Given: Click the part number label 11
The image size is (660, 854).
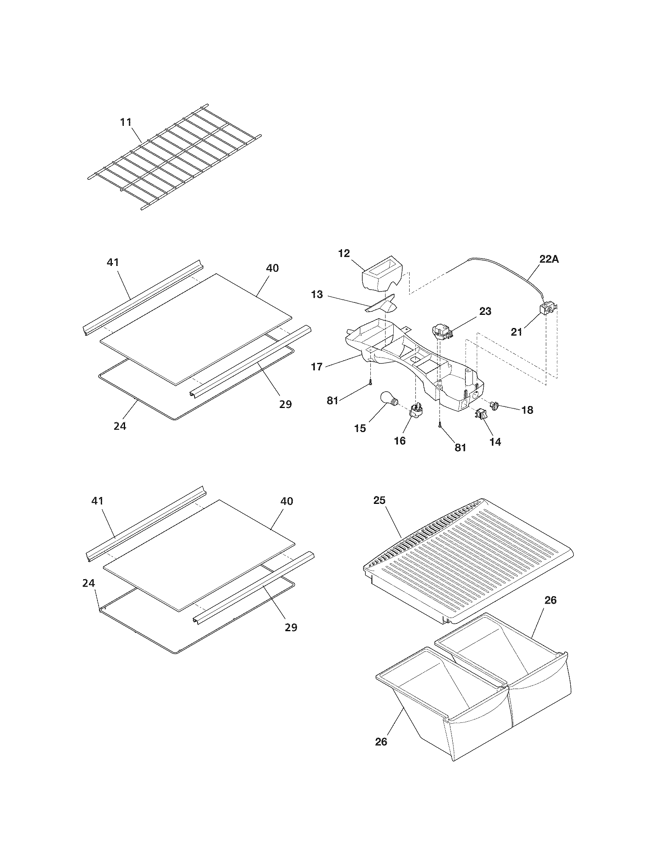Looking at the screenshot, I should (x=125, y=122).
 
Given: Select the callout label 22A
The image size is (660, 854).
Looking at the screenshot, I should (x=549, y=259).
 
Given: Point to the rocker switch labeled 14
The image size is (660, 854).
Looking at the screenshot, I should (x=482, y=415).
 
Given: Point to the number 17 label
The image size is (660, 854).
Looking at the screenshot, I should (x=317, y=366).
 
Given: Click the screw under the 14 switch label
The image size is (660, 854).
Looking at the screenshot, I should (x=440, y=425).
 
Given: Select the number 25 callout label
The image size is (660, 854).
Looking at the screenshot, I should (x=379, y=500).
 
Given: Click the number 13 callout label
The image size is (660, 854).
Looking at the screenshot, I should (x=317, y=294).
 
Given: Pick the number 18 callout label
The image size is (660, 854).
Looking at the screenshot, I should (x=527, y=410).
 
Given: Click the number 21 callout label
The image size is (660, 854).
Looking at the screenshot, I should (x=516, y=332).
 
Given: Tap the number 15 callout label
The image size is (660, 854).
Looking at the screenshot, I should (x=360, y=428).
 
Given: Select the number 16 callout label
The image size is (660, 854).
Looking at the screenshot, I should (x=399, y=441).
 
